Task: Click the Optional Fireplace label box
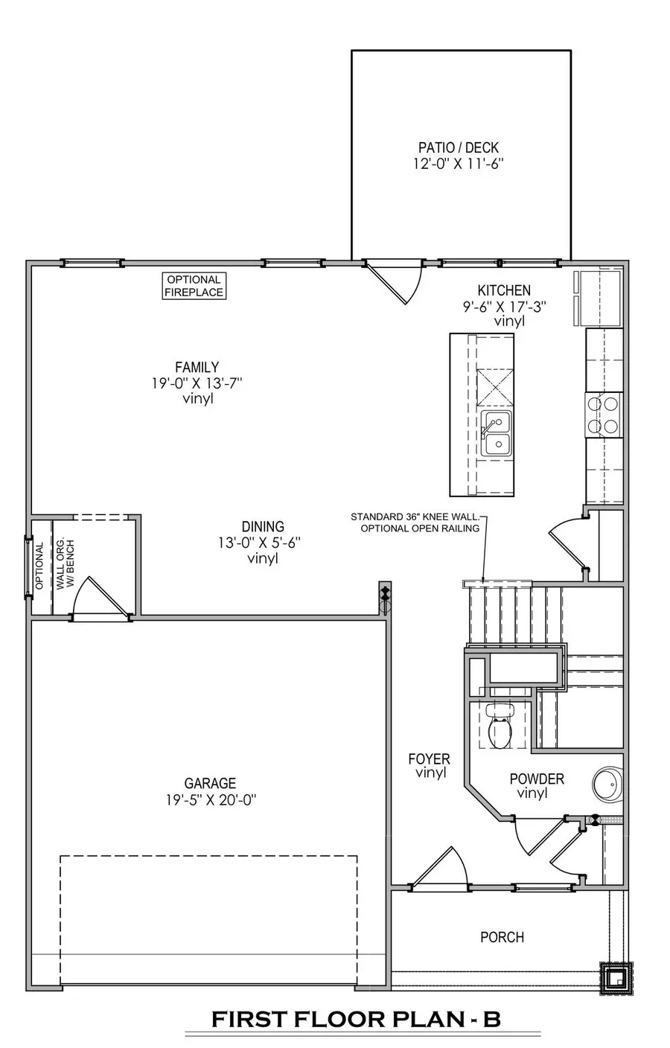click(x=194, y=286)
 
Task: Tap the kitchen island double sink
click(x=496, y=433)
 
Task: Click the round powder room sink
click(x=609, y=785)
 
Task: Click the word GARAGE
click(x=210, y=783)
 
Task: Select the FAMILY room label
click(x=197, y=367)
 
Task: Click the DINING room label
click(x=262, y=527)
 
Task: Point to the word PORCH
click(x=502, y=937)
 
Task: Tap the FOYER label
click(x=429, y=759)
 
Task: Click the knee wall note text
click(x=417, y=523)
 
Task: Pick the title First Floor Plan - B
click(x=356, y=1019)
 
